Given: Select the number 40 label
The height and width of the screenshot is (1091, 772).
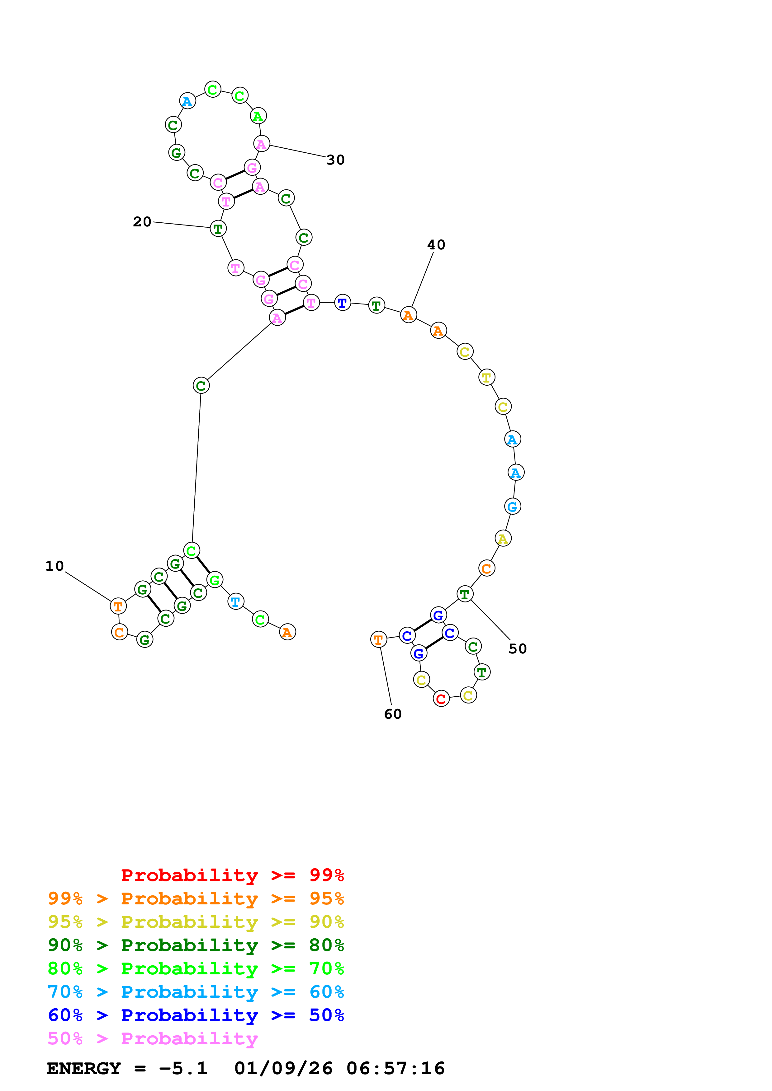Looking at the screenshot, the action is tap(436, 245).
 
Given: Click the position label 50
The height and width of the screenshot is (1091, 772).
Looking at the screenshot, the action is tap(518, 649).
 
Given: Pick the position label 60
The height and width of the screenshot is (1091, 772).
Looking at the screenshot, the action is tap(393, 714).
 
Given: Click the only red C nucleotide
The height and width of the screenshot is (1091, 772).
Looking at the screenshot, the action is tap(441, 699).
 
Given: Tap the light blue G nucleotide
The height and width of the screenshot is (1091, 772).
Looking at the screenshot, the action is tap(512, 507).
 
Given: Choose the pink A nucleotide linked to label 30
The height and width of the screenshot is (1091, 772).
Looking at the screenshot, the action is tap(261, 144).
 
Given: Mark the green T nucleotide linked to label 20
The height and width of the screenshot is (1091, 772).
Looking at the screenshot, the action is tap(218, 229).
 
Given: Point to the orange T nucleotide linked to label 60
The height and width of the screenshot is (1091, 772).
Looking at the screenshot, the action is tap(378, 640).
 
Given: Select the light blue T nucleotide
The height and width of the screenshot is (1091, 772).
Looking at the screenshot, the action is tap(235, 601).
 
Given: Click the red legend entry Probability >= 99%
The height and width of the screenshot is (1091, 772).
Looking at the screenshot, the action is tap(232, 875).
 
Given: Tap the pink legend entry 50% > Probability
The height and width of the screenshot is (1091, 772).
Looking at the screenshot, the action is tap(152, 1038).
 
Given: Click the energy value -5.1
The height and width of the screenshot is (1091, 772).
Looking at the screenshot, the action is tap(183, 1068).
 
